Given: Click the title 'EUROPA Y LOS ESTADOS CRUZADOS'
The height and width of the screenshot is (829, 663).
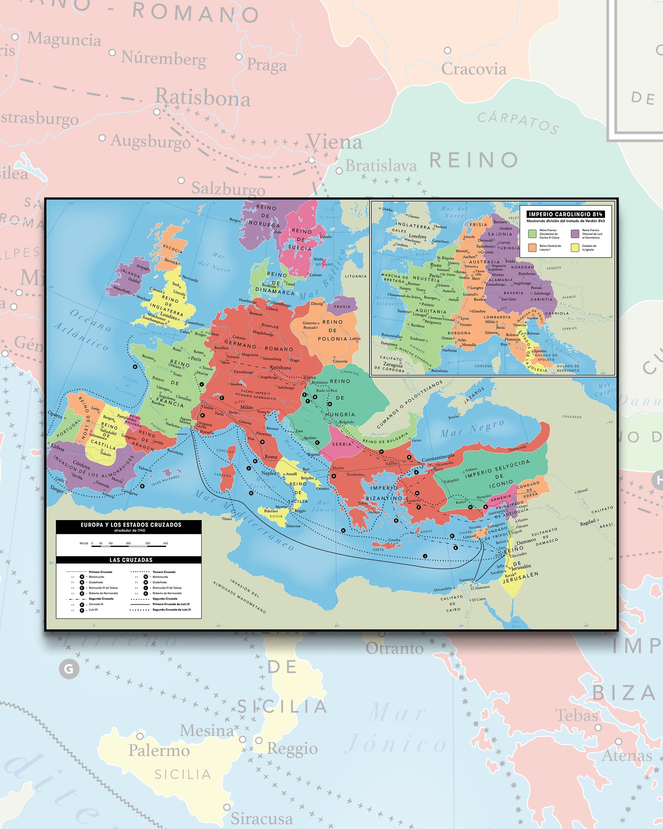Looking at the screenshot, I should click(131, 524).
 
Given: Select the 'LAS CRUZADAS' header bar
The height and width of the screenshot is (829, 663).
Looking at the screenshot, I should click(131, 560).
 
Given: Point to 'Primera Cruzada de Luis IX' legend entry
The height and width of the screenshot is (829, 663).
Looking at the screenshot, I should click(171, 604).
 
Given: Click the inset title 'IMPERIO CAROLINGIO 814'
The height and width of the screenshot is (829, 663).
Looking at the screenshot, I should click(565, 214).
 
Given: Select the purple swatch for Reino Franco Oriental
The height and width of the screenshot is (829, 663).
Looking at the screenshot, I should click(575, 234).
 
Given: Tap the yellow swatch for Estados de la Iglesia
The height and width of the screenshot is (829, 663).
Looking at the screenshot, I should click(575, 247).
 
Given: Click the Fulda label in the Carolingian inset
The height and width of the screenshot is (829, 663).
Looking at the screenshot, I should click(510, 261).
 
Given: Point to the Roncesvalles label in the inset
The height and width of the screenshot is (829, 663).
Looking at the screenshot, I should click(392, 335).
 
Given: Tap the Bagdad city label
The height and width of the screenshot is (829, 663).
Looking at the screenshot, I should click(587, 523).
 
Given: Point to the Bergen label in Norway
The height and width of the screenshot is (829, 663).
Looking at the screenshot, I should click(235, 220).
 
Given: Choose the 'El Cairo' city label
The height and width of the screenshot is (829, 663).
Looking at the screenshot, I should click(479, 599).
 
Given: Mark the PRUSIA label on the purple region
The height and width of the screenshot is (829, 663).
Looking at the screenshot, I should click(342, 307).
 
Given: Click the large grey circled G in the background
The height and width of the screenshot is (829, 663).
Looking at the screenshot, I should click(69, 669).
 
